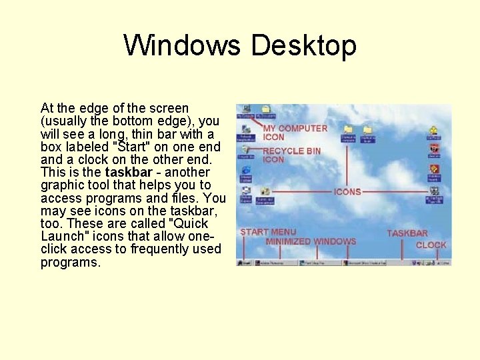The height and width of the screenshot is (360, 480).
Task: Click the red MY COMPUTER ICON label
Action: [295, 132]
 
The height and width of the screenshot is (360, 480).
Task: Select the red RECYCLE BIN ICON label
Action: [291, 155]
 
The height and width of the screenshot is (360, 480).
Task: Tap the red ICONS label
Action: [347, 191]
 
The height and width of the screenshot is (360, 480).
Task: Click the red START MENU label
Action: [268, 232]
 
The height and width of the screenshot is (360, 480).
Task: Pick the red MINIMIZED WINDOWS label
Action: [311, 241]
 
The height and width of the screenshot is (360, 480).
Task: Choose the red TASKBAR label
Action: [407, 233]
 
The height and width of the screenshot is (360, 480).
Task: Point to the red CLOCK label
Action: [431, 245]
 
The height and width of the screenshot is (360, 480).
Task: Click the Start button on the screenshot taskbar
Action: [245, 263]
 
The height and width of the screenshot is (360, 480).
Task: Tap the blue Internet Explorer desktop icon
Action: [246, 172]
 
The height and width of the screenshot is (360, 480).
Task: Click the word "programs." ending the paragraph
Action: [71, 262]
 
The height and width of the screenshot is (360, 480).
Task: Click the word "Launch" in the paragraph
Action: [62, 236]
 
